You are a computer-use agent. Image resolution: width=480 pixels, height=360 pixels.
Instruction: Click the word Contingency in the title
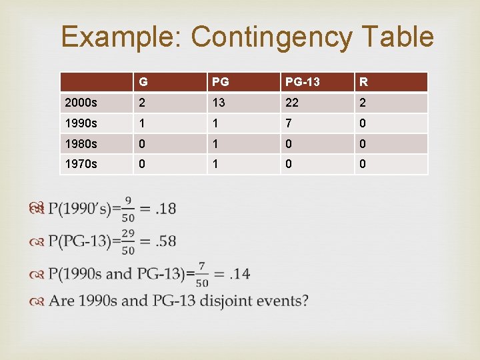point(271,37)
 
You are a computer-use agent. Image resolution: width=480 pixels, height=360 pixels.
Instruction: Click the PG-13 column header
point(302,83)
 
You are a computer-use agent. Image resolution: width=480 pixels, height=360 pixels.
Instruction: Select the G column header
point(143,83)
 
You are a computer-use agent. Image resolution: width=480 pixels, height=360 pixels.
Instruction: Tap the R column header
point(363,83)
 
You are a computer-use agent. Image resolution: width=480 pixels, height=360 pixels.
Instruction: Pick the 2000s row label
point(81,103)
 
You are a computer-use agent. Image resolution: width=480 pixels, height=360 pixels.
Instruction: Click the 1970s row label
point(81,164)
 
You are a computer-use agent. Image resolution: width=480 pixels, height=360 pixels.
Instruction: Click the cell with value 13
point(219,103)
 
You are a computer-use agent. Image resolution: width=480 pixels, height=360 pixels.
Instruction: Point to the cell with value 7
point(289,124)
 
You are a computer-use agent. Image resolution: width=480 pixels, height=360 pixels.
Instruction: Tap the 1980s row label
point(81,144)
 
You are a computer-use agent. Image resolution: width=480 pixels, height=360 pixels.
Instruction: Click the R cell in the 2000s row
point(363,103)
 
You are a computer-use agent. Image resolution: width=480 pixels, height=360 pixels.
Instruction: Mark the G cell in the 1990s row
point(141,124)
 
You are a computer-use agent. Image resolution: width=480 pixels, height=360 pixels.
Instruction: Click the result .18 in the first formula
point(165,209)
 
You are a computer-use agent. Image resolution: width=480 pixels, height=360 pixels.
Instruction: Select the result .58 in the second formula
point(165,241)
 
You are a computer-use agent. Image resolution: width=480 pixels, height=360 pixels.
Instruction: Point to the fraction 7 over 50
point(202,273)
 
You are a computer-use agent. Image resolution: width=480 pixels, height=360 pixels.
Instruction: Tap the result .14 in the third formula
point(239,273)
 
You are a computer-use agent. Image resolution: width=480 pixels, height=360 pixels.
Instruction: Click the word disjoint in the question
point(230,301)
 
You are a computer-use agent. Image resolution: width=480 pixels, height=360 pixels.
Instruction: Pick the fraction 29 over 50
point(127,241)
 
